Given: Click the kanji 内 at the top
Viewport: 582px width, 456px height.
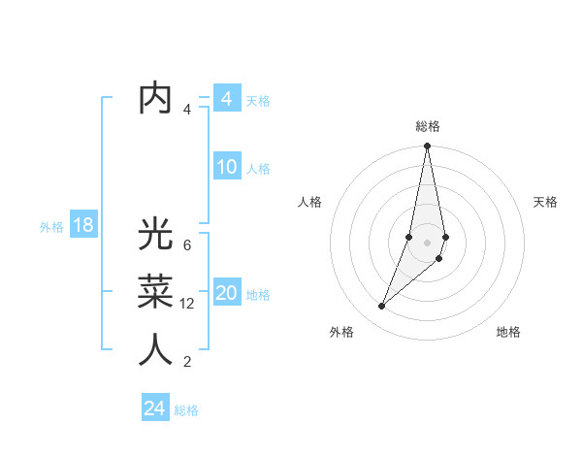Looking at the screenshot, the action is coord(155,98).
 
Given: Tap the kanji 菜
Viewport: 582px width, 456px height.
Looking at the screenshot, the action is coord(155,292).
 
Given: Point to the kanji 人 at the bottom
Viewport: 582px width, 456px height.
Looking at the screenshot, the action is coord(155,349).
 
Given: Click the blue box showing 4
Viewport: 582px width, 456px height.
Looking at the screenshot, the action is coord(226,98).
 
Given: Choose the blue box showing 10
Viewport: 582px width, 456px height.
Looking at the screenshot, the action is coord(226,167).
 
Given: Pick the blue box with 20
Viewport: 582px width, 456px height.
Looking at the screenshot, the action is coord(226,293).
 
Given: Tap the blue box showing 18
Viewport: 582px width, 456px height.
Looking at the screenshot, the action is coord(82,226).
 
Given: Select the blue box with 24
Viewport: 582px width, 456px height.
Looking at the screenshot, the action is coord(154,408).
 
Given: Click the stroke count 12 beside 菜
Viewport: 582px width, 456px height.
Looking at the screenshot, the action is coord(187,304).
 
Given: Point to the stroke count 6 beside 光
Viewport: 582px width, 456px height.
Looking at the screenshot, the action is coord(186,245).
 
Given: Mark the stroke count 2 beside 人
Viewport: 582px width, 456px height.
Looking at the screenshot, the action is coord(186,362).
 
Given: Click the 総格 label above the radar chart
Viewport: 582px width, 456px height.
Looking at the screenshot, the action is coord(428,126).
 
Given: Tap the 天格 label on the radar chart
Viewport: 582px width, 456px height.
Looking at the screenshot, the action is coord(545,202).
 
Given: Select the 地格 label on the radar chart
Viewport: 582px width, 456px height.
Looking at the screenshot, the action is coord(508,332).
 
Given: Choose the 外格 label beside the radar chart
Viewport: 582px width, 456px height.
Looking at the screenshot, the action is coord(340,332).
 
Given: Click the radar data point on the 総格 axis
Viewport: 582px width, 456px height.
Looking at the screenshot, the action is coord(427,147).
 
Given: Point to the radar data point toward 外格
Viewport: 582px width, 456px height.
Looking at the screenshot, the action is coord(382,307).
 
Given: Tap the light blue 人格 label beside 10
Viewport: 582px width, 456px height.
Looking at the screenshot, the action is coord(258,169).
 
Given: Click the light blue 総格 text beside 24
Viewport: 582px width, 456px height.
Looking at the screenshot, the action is coord(186,410).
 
